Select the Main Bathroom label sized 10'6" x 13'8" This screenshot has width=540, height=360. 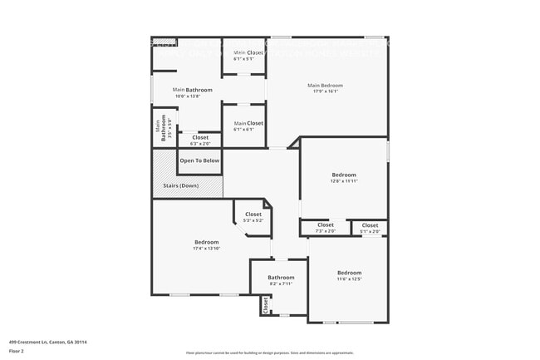pos(192,90)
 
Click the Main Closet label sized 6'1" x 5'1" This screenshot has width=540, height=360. pos(248,53)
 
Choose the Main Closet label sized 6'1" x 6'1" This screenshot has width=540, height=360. pos(248,123)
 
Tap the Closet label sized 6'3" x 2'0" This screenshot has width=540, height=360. pos(200,137)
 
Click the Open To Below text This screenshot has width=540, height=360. pos(199,160)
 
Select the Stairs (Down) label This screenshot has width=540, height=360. pos(178,185)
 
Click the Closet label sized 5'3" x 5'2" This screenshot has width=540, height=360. pos(253,215)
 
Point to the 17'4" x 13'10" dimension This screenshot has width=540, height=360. pos(207,249)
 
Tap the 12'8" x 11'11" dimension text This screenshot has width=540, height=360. pos(343,181)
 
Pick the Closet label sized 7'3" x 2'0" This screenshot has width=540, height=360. pos(325,224)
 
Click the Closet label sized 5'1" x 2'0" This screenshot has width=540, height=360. pos(370,224)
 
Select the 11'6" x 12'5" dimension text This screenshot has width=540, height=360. pos(349,279)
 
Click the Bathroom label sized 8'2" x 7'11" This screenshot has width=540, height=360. pos(281,278)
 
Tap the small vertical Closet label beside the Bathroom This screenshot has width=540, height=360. pos(266,305)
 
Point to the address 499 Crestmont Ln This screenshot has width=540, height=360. pos(48,342)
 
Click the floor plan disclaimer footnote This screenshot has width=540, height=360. pos(269,353)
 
